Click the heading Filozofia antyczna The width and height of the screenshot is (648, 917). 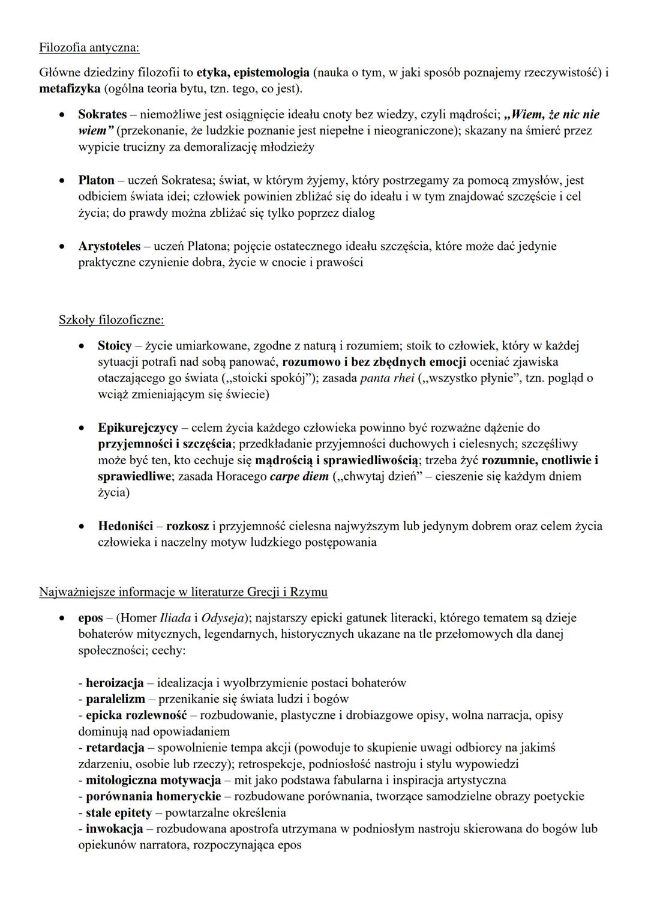89,47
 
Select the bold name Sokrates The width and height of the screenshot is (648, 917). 103,114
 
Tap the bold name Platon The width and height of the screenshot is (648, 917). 96,180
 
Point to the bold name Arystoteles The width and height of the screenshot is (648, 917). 109,246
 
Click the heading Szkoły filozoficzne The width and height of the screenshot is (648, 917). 111,320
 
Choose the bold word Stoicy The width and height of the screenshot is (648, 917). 115,346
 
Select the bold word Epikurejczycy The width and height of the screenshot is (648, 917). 138,428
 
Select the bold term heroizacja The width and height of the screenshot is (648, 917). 115,683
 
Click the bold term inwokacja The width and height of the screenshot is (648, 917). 115,829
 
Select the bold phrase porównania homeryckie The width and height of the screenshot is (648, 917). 154,796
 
